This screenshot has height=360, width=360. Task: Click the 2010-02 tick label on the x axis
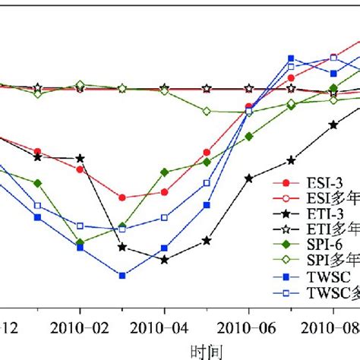pos(79,329)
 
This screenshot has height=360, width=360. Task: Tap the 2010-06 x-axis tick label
pos(248,329)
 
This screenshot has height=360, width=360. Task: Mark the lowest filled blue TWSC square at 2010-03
pos(122,275)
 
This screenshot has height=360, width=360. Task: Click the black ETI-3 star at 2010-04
pos(164,260)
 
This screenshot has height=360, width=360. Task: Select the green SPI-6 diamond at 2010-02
pos(80,242)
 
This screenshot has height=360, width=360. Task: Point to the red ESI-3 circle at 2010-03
pos(122,197)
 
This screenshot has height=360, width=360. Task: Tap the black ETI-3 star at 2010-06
pos(248,178)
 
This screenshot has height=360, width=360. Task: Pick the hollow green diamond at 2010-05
pos(207,111)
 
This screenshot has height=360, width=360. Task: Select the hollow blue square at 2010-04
pos(164,218)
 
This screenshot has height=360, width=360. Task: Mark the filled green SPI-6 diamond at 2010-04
pos(164,172)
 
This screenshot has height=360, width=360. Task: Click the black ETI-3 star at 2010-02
pos(80,158)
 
